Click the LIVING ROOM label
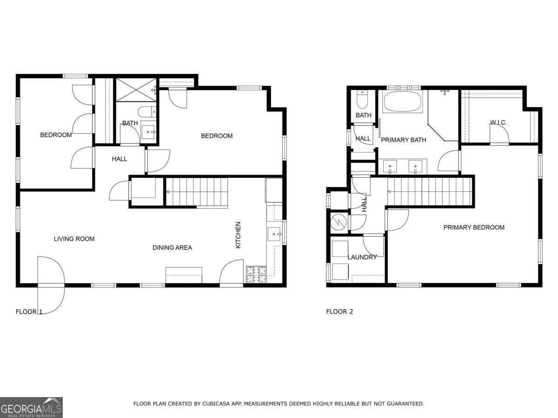[x=74, y=239]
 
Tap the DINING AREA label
[x=172, y=248]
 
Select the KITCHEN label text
[x=238, y=235]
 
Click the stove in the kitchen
[x=256, y=274]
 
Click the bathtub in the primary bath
[x=403, y=101]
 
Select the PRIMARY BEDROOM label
[x=473, y=227]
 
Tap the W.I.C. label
[x=498, y=123]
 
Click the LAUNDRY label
[x=362, y=257]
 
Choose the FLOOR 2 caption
[x=339, y=311]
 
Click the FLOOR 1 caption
[x=29, y=311]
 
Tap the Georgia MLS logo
[x=31, y=407]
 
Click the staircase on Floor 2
[x=430, y=190]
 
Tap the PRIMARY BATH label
[x=403, y=140]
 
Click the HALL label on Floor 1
[x=120, y=159]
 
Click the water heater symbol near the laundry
[x=339, y=222]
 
